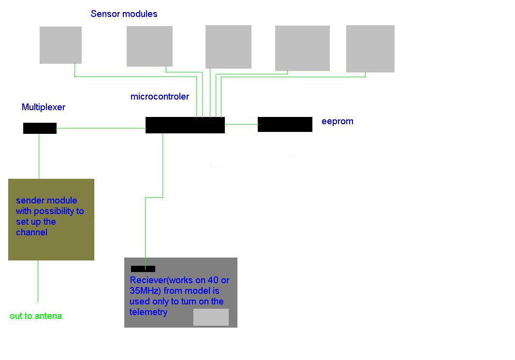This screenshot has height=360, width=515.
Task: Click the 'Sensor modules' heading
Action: coord(124,14)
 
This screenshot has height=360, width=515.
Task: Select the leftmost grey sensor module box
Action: coord(60,45)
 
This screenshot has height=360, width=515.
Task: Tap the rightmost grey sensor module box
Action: coord(370,49)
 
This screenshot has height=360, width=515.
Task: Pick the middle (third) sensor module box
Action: coord(228,47)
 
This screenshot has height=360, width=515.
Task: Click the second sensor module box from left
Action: coord(149,46)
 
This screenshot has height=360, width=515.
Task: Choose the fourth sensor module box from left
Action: coord(302,48)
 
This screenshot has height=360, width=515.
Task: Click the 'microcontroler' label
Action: coord(160,97)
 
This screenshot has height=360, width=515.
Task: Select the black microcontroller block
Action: coord(185,125)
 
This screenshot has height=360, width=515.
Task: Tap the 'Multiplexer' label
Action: coord(44,107)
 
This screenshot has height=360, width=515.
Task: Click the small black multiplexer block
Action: coord(40,128)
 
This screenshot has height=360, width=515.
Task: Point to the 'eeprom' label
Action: coord(338,121)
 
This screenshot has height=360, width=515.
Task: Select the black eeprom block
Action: coord(285,124)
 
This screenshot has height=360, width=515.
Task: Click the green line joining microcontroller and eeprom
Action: coord(241,124)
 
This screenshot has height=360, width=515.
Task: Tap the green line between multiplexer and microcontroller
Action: coord(101,128)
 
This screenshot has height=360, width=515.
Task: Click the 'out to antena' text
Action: coord(36,316)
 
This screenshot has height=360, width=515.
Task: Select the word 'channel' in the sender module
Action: coord(31,232)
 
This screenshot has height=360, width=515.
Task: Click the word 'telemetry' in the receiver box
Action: coord(148,312)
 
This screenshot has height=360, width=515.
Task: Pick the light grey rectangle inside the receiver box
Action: coord(211,317)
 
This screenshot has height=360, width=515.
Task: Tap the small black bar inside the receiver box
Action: coord(143,269)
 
